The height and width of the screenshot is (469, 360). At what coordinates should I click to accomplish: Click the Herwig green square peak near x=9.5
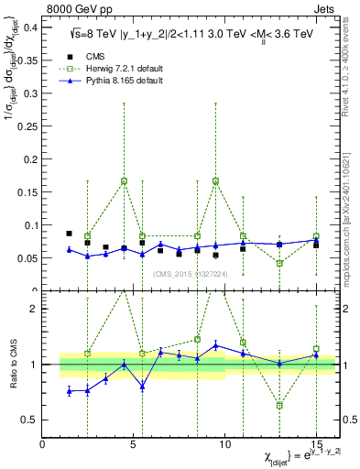coord(215,180)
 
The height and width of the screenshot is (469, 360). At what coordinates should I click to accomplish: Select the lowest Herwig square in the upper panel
coord(279,263)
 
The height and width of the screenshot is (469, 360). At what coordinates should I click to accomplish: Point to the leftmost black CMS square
coord(69,234)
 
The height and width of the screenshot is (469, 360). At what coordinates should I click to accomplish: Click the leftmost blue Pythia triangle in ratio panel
coord(69,391)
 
